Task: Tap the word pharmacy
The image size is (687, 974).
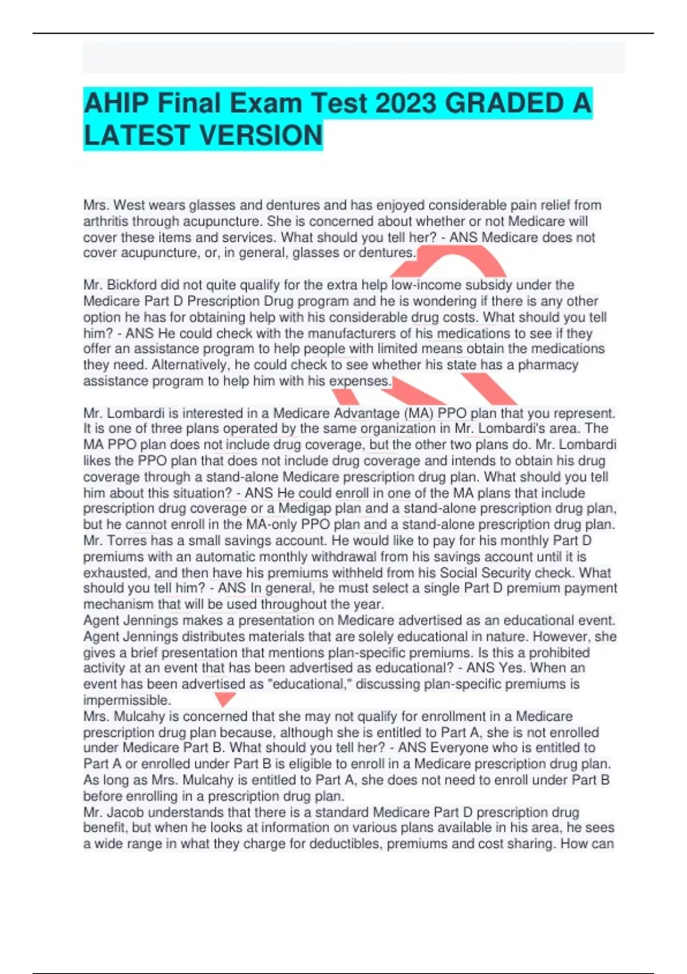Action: [548, 365]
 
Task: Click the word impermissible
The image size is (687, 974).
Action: [127, 700]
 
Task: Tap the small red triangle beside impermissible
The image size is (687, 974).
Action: [224, 698]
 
